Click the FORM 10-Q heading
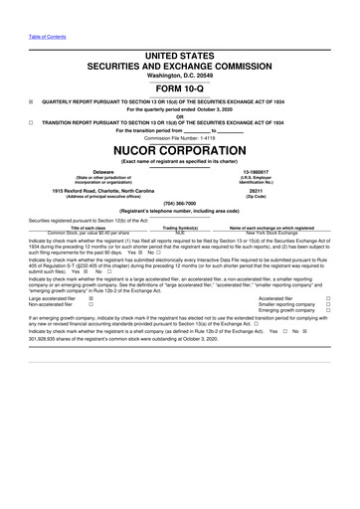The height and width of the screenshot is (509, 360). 179,87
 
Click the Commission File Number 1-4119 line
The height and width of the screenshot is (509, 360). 179,136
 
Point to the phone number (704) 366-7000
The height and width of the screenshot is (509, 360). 179,202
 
